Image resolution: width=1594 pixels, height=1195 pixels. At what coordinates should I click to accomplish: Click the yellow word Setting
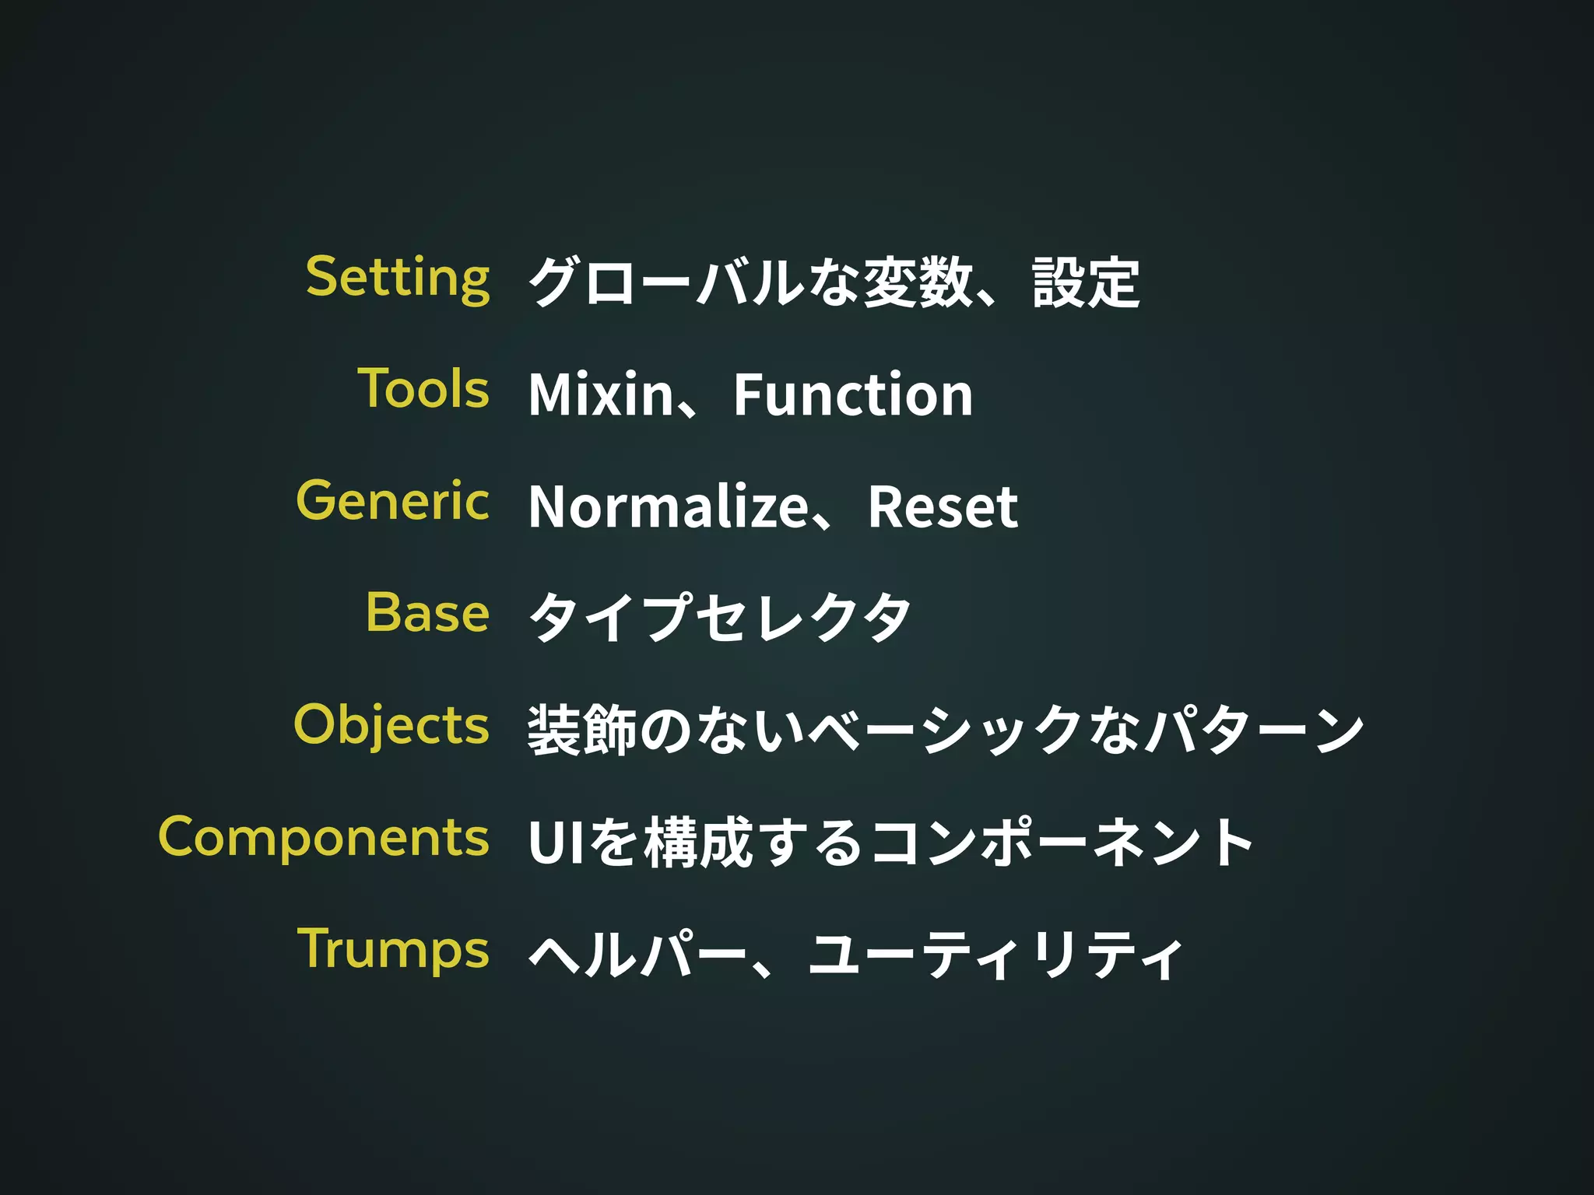pos(398,278)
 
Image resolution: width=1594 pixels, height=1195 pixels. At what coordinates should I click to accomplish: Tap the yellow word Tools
pos(423,389)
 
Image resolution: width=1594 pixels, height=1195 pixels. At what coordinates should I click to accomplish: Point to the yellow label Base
pos(427,612)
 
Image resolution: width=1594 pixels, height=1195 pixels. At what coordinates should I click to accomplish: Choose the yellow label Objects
pos(391,725)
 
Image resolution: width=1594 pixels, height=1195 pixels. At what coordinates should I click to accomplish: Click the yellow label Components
pos(324,838)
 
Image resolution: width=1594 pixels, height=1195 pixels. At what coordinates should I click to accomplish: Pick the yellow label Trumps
pos(393,949)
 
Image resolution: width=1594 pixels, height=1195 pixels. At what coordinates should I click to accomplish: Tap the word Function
pos(853,394)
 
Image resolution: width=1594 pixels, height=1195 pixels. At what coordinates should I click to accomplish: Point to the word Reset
pos(943,506)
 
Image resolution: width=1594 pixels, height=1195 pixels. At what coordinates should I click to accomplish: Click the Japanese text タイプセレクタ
pos(719,618)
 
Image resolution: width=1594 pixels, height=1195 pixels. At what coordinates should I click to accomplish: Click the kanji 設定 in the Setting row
pos(1086,282)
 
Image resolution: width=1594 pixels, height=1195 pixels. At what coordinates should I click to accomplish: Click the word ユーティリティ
pos(995,955)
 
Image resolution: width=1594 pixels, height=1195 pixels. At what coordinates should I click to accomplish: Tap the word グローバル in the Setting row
pos(666,282)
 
